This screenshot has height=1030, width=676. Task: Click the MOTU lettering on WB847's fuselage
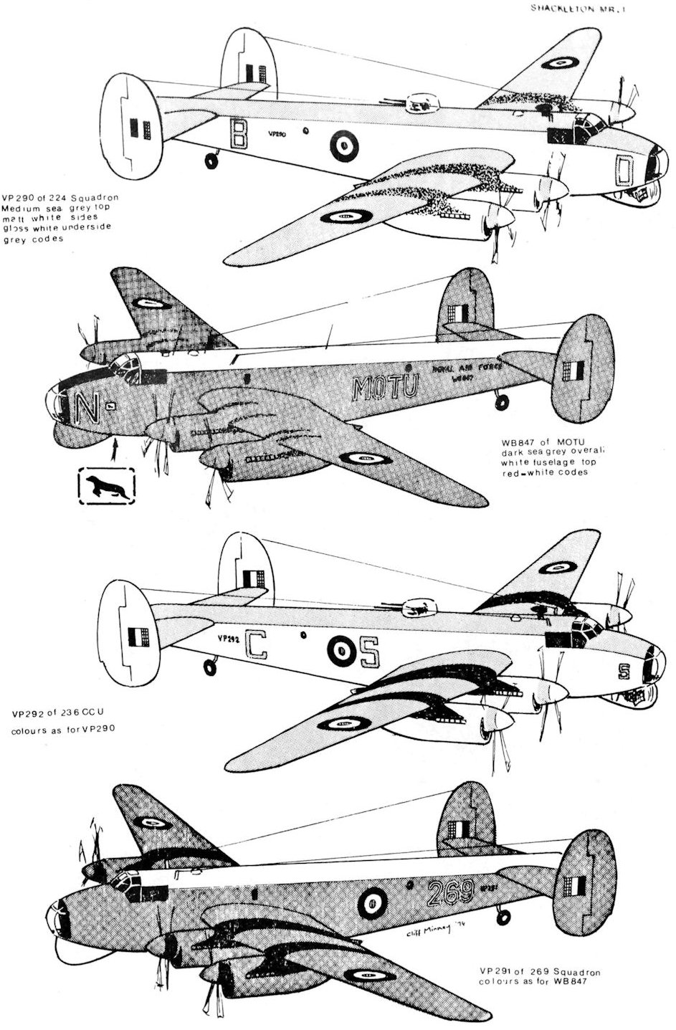[x=386, y=388]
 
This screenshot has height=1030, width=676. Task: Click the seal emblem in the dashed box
[x=106, y=487]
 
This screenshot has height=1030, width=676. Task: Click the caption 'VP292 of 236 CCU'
[x=59, y=722]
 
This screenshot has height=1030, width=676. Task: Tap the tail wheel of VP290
[x=211, y=161]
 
